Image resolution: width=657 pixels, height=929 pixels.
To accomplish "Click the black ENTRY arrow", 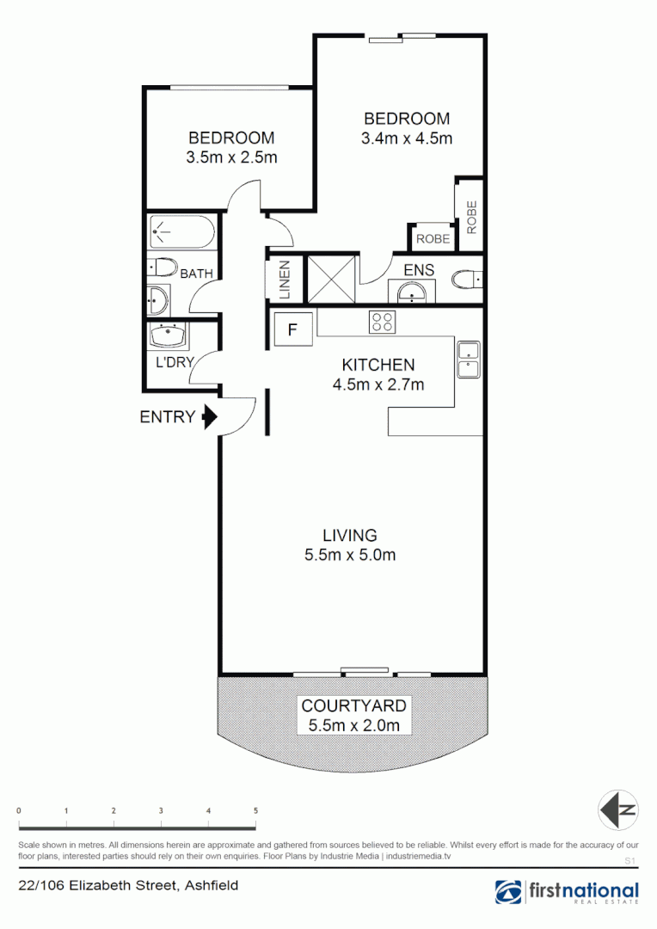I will pos(208,418).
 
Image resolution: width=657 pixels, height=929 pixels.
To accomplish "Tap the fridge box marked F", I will pos(292,329).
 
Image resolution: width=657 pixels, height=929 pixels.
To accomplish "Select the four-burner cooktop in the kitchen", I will pos(383,323).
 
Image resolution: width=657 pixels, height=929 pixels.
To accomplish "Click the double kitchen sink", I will pos(468,360).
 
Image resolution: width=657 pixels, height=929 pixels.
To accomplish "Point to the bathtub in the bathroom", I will pos(181,231).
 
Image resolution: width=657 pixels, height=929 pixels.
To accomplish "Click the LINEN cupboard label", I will pos(285,280).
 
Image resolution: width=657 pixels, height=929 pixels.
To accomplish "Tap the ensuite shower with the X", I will pos(330,280).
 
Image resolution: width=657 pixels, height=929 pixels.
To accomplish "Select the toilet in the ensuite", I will pos(467,280).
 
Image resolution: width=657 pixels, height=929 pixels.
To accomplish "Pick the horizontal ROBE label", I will pos(432,239).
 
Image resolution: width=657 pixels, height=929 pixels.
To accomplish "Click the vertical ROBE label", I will pos(471,218).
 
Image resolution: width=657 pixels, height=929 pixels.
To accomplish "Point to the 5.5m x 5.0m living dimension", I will pos(350,555).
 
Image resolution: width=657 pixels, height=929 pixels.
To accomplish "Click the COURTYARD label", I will pos(353,706).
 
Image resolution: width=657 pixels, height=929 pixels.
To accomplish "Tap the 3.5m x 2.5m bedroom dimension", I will pos(231,157).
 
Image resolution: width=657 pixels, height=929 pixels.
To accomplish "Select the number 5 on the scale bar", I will pos(255,811).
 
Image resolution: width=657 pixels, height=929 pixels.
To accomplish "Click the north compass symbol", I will pos(618,809).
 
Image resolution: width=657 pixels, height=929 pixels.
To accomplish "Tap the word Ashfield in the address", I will pos(210,885).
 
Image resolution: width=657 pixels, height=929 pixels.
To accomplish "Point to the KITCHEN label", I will pos(378,365).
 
